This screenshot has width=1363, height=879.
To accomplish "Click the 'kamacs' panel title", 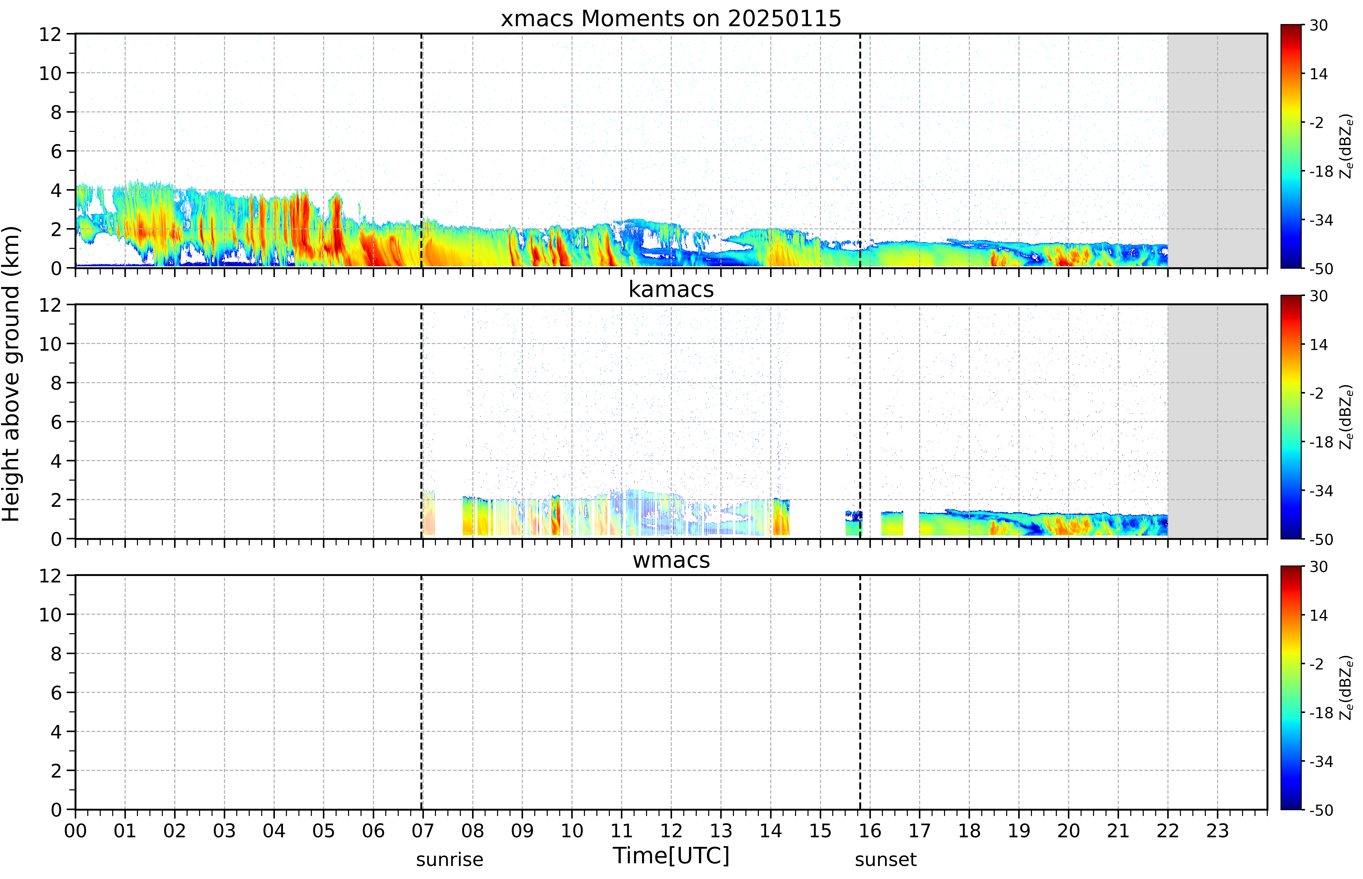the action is point(671,289).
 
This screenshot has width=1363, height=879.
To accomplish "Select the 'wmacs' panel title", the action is point(671,560).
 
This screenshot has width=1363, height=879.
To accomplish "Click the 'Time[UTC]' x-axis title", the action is point(671,856).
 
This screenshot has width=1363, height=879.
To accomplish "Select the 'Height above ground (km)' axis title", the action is point(11,374).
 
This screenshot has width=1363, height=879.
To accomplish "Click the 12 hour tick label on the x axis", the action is point(671,830).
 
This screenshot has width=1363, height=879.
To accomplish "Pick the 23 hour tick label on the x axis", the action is point(1217,830).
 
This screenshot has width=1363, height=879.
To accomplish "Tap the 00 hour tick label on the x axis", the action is point(75,830).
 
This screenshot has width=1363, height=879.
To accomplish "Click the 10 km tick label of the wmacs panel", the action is point(50,615).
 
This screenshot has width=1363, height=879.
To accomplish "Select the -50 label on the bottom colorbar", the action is point(1321,810).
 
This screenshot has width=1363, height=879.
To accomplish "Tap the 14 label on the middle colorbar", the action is point(1318,345).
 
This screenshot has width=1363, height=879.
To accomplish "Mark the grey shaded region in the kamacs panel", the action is point(1217,421).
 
